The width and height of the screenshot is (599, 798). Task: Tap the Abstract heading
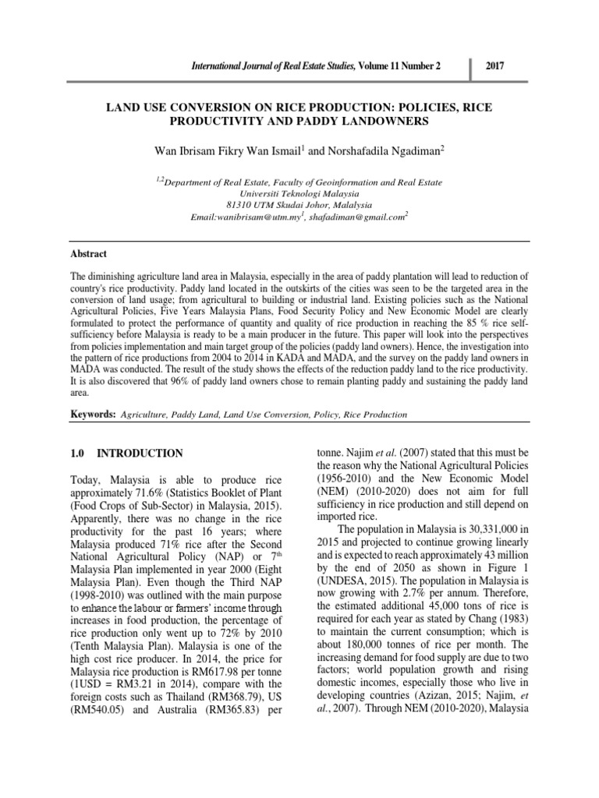click(x=90, y=254)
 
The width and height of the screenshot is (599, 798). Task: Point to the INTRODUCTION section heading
click(x=140, y=453)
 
